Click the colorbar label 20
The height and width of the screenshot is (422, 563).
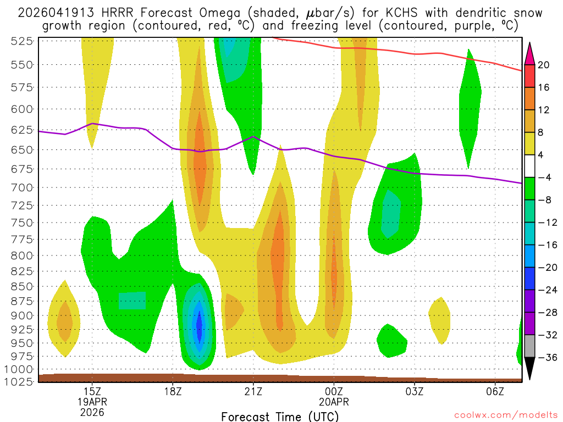click(544, 65)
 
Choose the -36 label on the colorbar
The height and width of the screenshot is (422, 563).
click(547, 358)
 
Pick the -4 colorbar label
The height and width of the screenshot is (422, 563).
click(544, 177)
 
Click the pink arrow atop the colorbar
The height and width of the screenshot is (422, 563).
click(529, 53)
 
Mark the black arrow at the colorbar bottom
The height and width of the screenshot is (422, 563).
click(529, 369)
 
